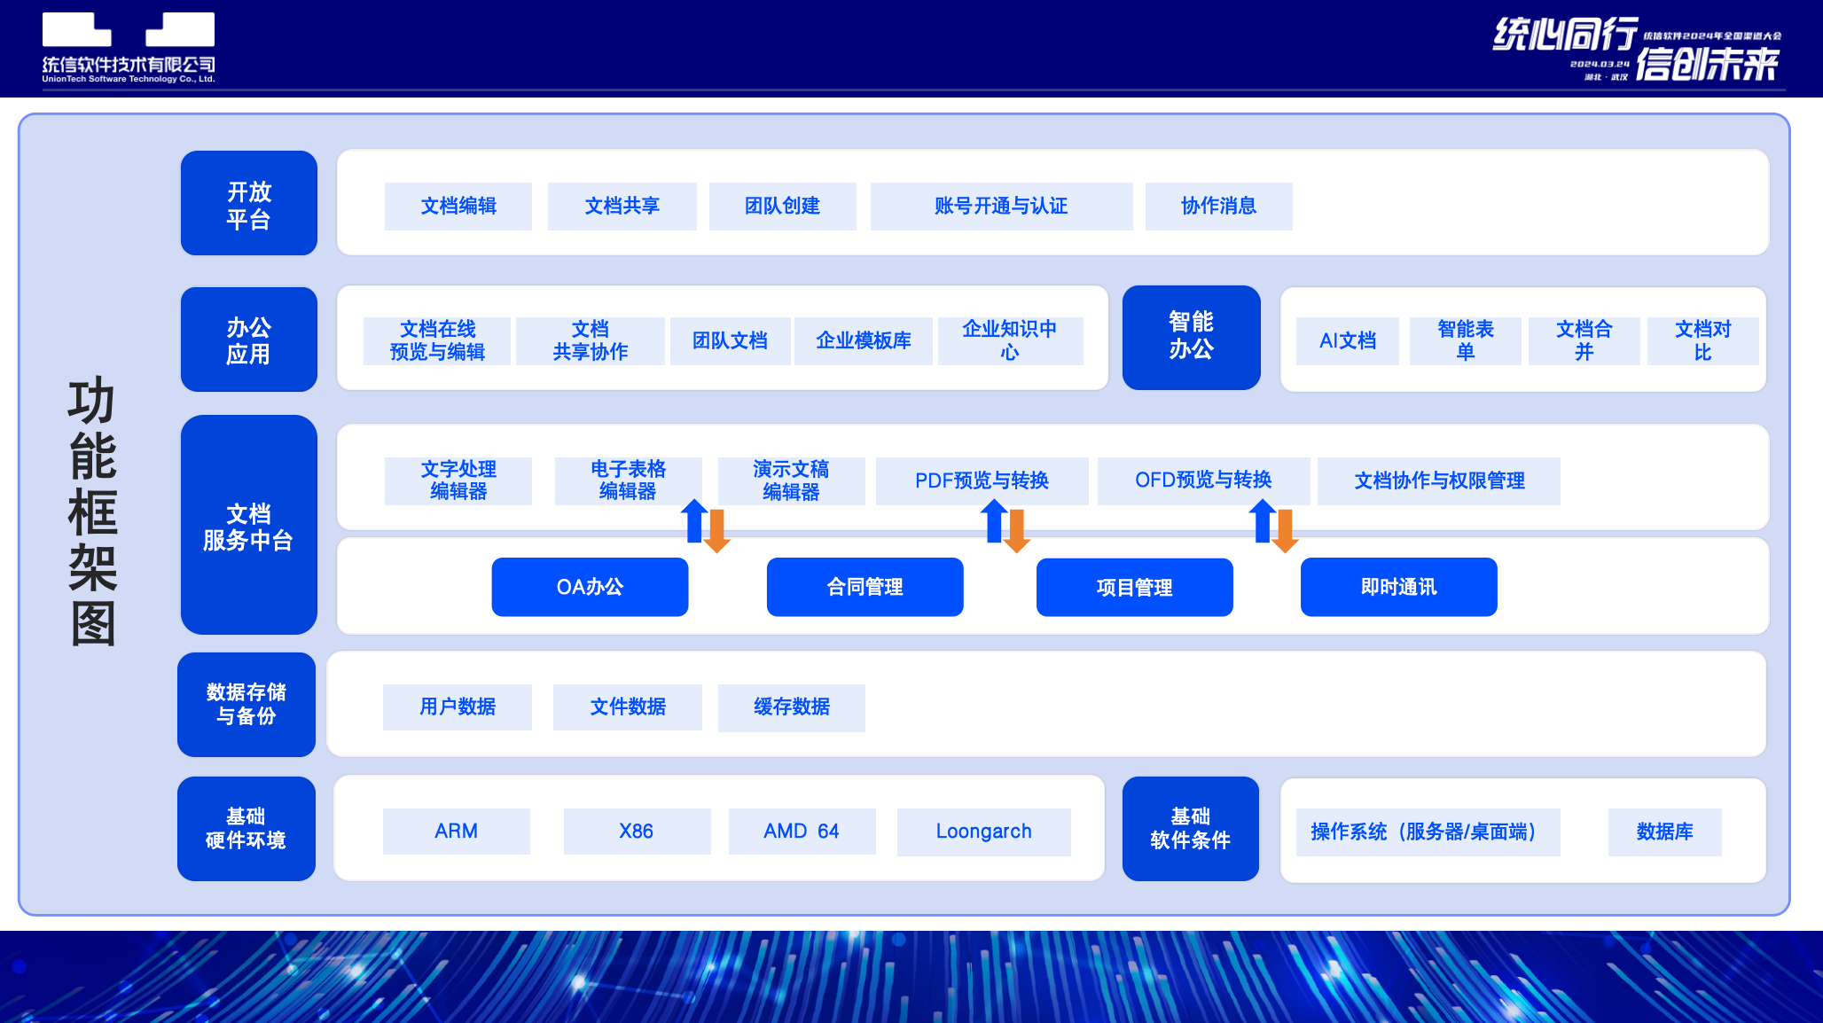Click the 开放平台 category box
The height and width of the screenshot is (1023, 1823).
tap(248, 204)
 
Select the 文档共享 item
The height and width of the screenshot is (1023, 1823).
tap(622, 207)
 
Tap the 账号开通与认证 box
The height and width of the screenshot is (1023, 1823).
tap(1001, 207)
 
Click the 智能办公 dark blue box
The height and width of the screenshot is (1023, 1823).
tap(1191, 337)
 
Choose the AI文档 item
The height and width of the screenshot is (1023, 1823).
tap(1347, 341)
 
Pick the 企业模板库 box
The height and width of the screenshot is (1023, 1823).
tap(863, 341)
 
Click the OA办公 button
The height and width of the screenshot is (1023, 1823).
tap(590, 587)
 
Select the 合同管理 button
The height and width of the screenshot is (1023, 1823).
tap(865, 587)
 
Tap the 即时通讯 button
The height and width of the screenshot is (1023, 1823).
tap(1398, 587)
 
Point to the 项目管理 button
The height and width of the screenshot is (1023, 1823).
tap(1134, 587)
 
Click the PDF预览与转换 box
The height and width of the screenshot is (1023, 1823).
tap(982, 481)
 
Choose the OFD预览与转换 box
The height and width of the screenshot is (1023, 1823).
tap(1203, 481)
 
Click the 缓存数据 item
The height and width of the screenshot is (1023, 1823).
tap(791, 707)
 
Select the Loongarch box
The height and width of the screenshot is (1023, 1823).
tap(983, 832)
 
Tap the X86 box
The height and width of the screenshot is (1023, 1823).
tap(637, 832)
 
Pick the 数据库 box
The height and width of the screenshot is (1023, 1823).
tap(1664, 832)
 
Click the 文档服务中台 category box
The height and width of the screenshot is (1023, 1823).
tap(248, 525)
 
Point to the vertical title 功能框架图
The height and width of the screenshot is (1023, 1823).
tap(92, 511)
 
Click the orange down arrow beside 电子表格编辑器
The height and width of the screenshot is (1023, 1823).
tap(716, 530)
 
